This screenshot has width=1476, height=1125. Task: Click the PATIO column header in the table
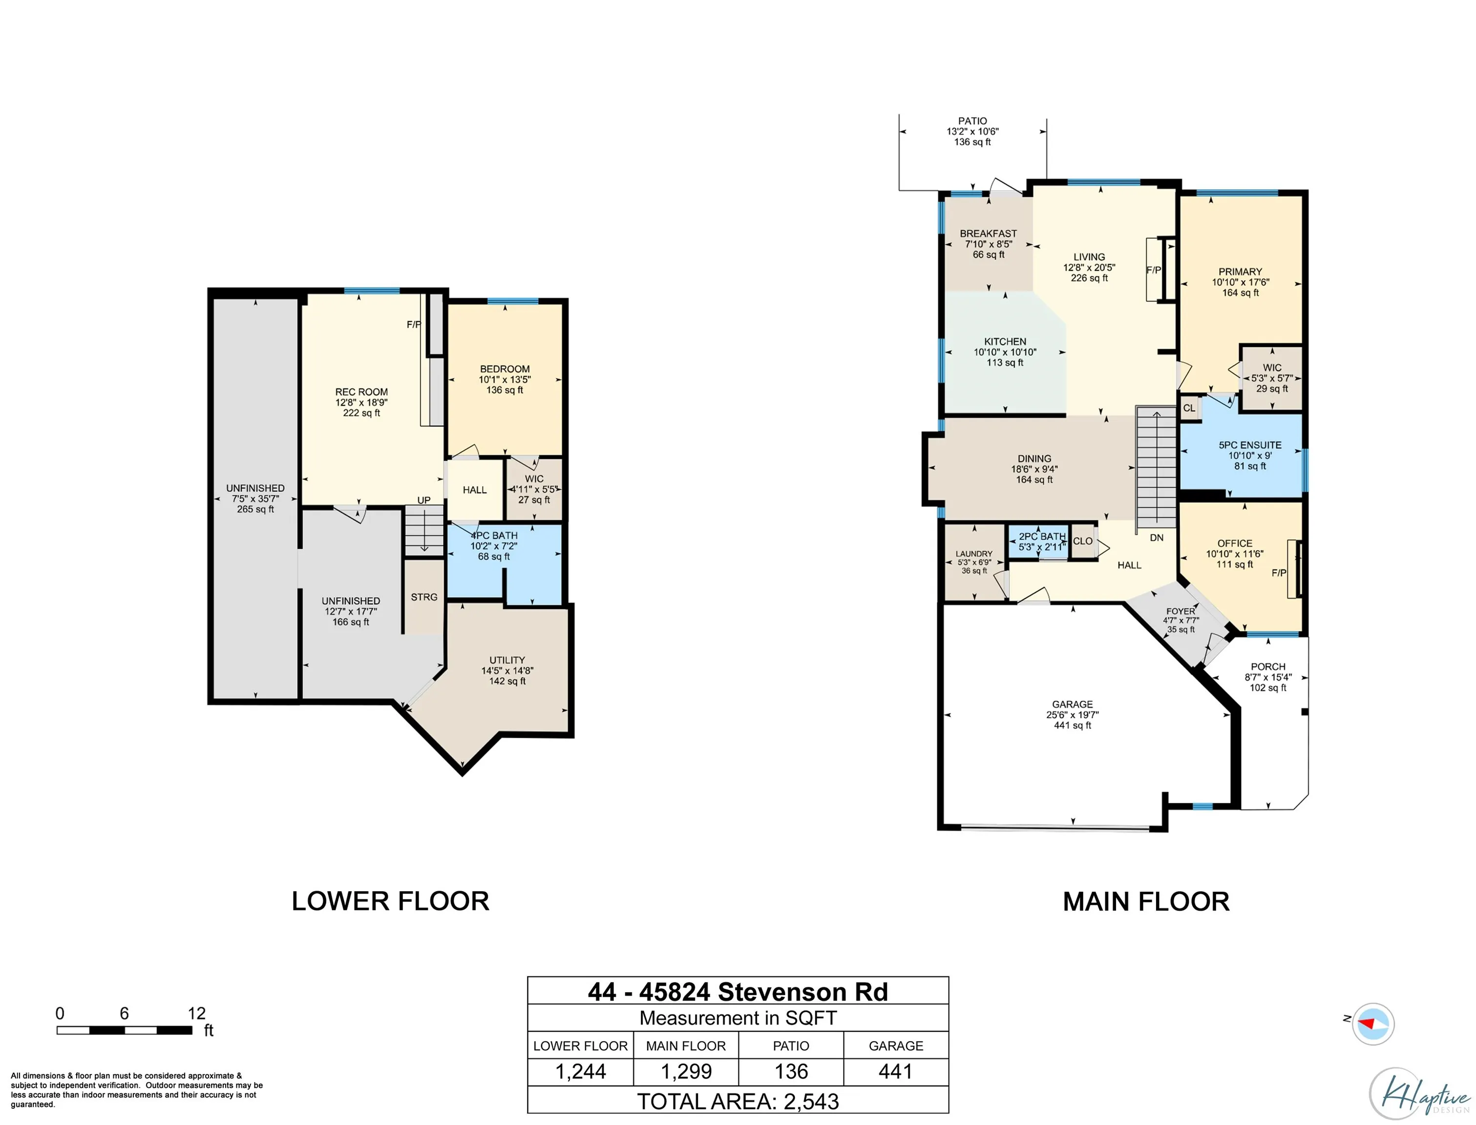tap(791, 1046)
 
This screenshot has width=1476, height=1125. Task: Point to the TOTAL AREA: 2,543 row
tap(738, 1102)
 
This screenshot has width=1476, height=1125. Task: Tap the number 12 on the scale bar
tap(196, 1013)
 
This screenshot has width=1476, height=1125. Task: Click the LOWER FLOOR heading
tap(390, 901)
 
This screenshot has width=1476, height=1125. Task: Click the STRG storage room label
tap(424, 597)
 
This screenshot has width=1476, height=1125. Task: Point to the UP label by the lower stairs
tap(424, 500)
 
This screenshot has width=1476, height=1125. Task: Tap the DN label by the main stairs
tap(1157, 538)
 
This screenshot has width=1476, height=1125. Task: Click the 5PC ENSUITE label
tap(1250, 445)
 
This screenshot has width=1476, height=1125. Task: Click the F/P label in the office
tap(1279, 573)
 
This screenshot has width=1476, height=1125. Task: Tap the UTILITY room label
tap(507, 660)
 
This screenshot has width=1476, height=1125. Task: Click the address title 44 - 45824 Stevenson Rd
tap(738, 992)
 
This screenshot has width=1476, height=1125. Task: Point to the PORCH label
tap(1268, 667)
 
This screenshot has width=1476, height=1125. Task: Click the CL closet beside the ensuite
tap(1189, 408)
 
